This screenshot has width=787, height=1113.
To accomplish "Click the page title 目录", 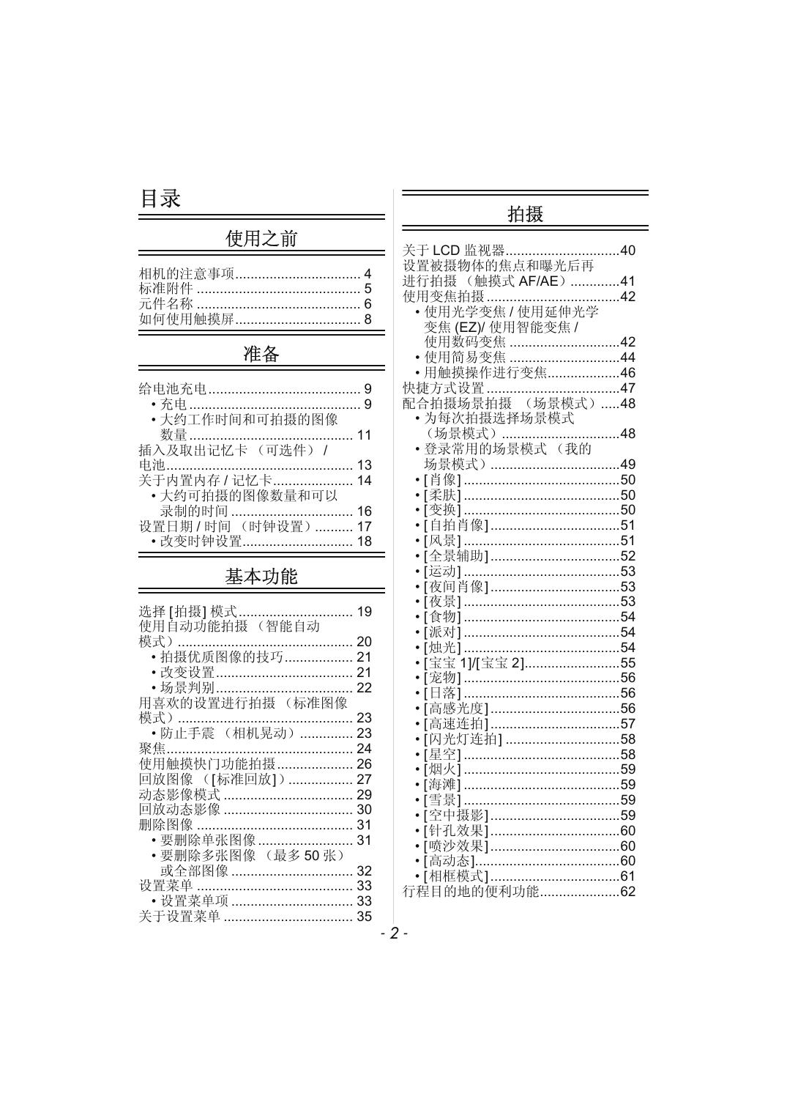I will (160, 199).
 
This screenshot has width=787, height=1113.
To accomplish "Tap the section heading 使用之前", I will (261, 239).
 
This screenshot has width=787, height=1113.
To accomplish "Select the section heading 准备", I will (261, 355).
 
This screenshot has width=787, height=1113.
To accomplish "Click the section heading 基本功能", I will (261, 577).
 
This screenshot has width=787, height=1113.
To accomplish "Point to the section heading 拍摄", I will (526, 215).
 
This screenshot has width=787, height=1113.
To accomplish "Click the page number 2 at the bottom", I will (394, 933).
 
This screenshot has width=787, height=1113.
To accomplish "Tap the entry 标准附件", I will (166, 289).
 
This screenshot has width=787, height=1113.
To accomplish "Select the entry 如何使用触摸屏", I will (187, 319).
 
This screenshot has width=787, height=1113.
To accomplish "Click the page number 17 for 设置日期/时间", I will (364, 527).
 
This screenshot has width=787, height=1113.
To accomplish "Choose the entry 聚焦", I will (152, 749).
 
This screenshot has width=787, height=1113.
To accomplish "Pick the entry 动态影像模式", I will (179, 795).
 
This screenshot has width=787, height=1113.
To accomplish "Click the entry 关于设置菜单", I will (179, 917).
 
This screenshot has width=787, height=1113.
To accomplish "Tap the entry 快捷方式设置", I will (444, 388).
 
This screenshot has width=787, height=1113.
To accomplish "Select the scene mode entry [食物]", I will (443, 617).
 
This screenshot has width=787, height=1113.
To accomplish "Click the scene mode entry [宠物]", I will (443, 678).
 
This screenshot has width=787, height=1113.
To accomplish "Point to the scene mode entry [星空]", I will (443, 755).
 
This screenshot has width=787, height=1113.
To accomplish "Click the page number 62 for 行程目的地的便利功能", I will (627, 892).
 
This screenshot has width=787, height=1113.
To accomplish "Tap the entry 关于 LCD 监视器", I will (454, 251).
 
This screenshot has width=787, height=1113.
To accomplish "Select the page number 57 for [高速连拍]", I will (627, 724).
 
